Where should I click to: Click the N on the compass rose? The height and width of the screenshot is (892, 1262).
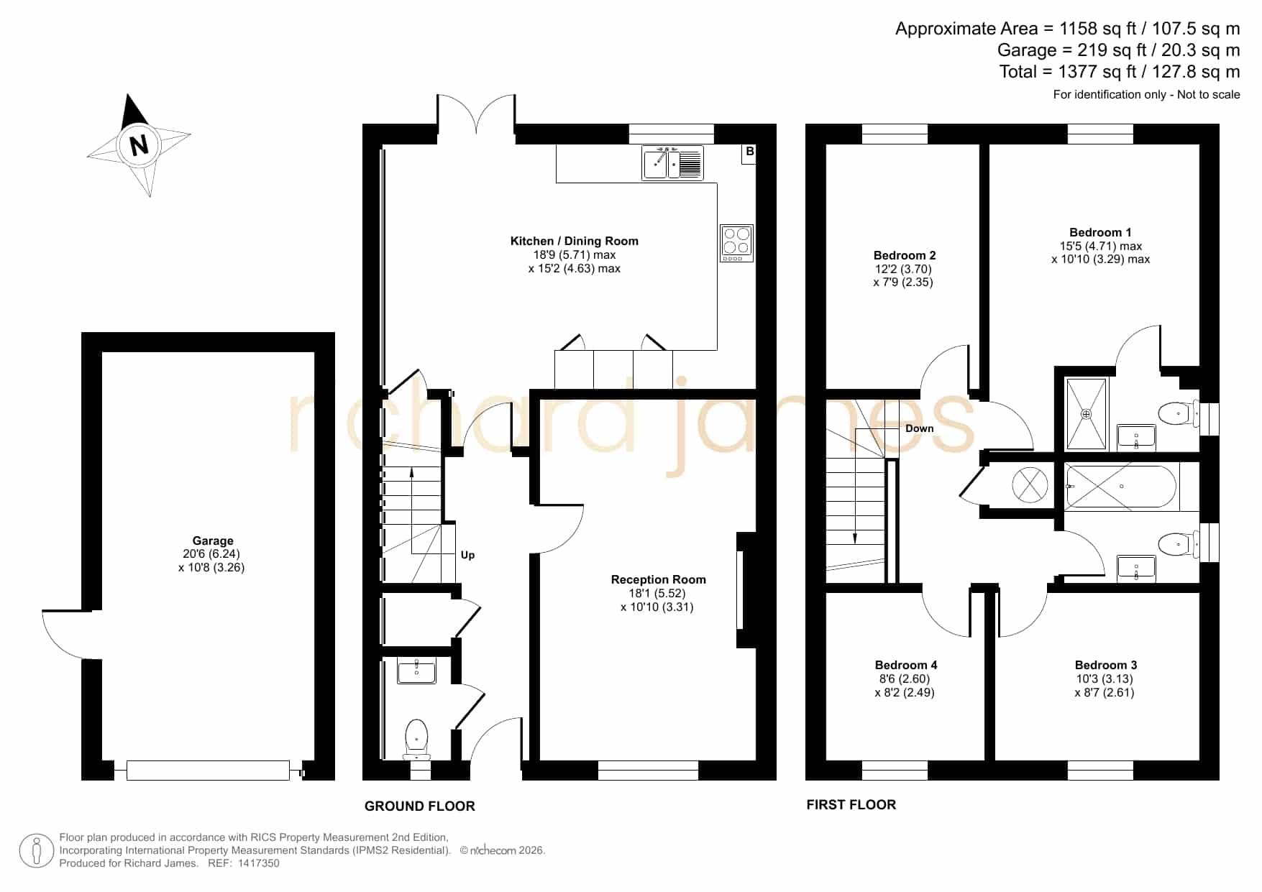coord(139,145)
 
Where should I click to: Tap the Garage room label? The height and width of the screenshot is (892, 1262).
coord(213,541)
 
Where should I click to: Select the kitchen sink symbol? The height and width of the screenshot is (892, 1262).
coord(672,163)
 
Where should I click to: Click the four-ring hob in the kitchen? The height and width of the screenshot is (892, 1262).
coord(736,243)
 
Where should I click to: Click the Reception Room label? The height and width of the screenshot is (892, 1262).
coord(659,579)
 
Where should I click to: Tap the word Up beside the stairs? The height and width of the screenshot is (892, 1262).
coord(467,555)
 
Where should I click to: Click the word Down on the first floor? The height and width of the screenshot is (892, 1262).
coord(920,428)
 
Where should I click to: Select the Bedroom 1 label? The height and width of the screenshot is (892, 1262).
coord(1100,232)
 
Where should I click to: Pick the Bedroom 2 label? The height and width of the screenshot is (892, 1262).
coord(905,255)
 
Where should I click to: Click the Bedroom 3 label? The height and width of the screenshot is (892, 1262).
coord(1106,665)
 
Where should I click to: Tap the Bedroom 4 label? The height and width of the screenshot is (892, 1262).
coord(906,665)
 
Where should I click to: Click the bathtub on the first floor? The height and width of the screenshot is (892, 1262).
coord(1121,487)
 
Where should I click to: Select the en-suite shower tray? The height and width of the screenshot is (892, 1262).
coord(1087,414)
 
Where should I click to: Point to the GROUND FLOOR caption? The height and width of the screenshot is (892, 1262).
coord(420,806)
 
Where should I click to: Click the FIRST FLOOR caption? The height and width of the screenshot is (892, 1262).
coord(851,805)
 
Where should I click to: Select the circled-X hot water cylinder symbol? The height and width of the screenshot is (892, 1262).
coord(1030,484)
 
